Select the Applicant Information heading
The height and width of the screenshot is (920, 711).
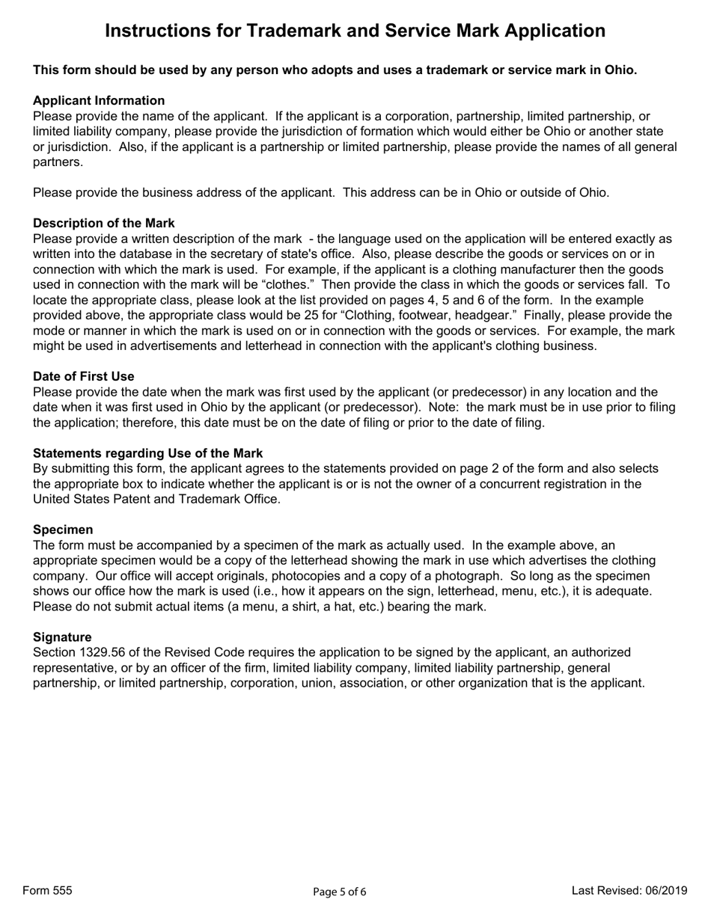(99, 100)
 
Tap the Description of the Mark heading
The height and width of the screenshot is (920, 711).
(103, 223)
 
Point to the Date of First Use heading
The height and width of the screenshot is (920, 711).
(84, 376)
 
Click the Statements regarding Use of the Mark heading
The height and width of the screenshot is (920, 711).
(147, 453)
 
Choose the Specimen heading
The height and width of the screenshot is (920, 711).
(63, 530)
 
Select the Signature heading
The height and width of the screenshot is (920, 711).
(62, 637)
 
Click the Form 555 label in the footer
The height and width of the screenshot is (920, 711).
(48, 890)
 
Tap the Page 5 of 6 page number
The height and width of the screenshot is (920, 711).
(340, 892)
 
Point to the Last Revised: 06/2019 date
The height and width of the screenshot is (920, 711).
(629, 890)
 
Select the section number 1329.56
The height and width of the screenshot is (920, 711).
(105, 652)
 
